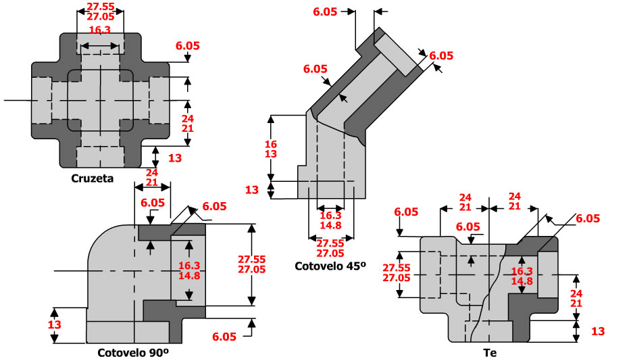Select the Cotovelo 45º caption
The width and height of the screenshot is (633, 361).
[330, 266]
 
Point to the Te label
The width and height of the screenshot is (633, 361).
[490, 352]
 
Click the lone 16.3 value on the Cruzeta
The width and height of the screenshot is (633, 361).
[100, 30]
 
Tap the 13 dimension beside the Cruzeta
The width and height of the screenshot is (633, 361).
[174, 158]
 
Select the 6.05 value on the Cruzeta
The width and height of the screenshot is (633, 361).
[188, 45]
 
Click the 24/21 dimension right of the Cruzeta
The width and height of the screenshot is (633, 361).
[188, 122]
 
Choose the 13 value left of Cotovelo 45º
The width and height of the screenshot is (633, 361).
[251, 190]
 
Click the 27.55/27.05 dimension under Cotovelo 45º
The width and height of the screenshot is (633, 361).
[330, 248]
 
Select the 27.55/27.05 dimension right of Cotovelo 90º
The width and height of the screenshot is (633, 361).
[252, 264]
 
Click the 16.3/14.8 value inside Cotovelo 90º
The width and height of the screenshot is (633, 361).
[190, 270]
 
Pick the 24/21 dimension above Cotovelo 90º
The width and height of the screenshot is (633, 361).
[152, 178]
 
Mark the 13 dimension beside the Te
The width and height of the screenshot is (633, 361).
[597, 331]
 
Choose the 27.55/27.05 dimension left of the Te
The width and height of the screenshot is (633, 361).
[397, 272]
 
